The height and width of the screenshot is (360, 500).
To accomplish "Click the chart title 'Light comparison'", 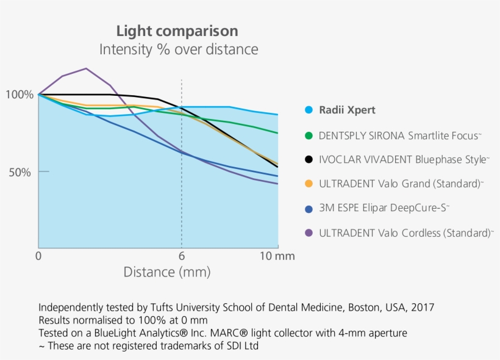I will (x=177, y=31).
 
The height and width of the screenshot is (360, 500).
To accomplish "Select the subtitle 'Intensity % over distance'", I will (x=179, y=49).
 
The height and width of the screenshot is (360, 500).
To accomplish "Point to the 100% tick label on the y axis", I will (x=20, y=95).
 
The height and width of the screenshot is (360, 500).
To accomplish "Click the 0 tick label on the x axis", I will (x=39, y=256).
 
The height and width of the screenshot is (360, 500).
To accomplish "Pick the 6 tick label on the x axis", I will (x=181, y=256).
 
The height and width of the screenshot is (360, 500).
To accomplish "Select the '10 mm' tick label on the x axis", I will (x=278, y=256).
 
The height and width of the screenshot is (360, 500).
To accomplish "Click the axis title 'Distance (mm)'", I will (x=166, y=272).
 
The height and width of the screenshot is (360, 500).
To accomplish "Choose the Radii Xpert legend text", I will (x=347, y=110).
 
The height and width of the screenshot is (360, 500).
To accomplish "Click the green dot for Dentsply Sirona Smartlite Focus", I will (x=309, y=135).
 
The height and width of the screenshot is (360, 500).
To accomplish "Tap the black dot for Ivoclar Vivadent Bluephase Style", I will (x=309, y=159).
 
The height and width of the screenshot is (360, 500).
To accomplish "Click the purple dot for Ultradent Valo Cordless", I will (x=309, y=232).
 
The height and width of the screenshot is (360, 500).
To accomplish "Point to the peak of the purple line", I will (x=86, y=68).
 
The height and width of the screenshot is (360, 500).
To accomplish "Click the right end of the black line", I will (x=278, y=167).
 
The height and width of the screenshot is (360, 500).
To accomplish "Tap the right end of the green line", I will (x=278, y=133).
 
